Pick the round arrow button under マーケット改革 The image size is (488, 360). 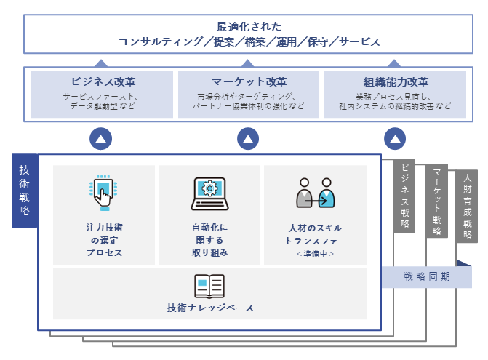pos(248,138)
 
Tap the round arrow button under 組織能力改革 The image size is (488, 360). pos(394,138)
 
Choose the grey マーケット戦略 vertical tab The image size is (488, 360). pos(436,199)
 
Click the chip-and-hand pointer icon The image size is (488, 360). pos(103,193)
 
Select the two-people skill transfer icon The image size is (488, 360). pos(315,193)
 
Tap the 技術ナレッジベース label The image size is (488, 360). pos(209,308)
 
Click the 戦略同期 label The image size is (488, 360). pos(426,276)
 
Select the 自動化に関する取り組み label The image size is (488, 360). pos(209,240)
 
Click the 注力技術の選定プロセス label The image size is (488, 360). pos(103,240)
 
